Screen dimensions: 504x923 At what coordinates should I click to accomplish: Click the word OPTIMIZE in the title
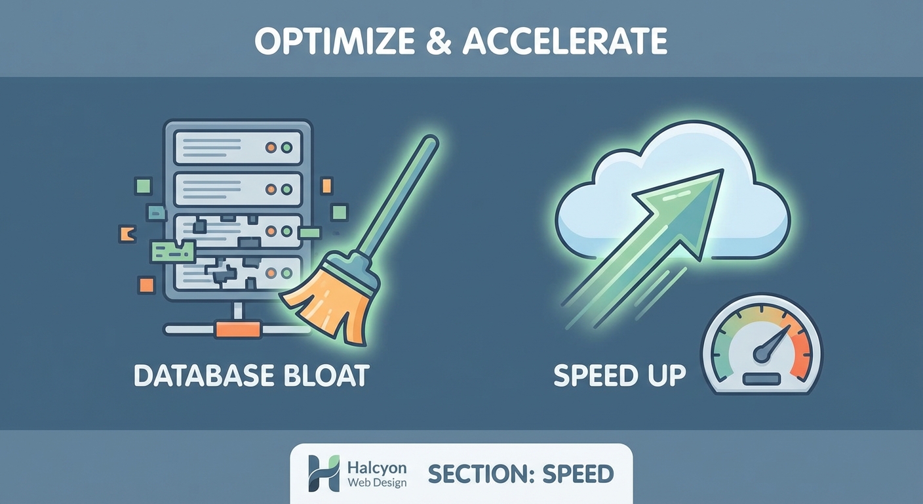click(x=333, y=41)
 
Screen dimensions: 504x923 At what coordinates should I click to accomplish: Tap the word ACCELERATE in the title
click(x=566, y=41)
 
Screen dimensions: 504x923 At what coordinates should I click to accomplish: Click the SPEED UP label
click(x=619, y=375)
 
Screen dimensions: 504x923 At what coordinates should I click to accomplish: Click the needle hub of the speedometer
click(x=761, y=354)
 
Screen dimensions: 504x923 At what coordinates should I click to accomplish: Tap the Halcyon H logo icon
click(x=324, y=473)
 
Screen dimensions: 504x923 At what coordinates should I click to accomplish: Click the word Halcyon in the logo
click(x=376, y=468)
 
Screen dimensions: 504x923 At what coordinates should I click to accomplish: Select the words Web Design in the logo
click(x=376, y=483)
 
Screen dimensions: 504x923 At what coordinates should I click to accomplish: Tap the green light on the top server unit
click(x=286, y=147)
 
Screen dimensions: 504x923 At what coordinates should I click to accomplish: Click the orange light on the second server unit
click(x=270, y=190)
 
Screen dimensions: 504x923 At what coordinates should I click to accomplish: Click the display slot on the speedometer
click(x=761, y=379)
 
